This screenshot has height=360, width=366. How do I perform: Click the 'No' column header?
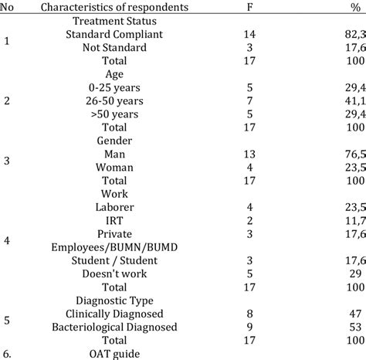coord(8,7)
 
